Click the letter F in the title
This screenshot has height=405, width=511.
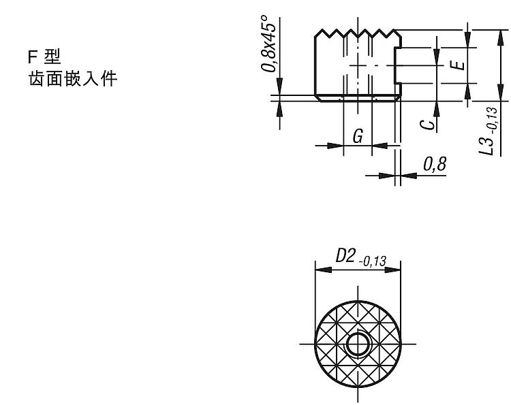[x=31, y=57]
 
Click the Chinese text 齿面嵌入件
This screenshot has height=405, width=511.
[x=73, y=79]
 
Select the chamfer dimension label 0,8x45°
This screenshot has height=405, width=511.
[x=269, y=44]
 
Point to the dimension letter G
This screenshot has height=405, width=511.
[x=358, y=136]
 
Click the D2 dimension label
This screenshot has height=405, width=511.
[x=345, y=255]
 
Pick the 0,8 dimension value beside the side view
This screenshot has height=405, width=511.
[x=435, y=165]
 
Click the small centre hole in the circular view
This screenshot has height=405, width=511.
[x=358, y=344]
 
